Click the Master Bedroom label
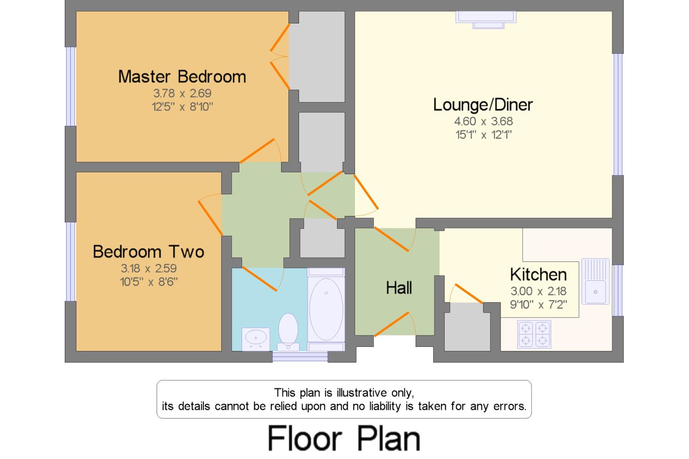coord(182,77)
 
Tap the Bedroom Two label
coord(148,252)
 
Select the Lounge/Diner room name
coord(483,105)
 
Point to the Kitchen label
coord(538,274)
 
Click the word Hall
coord(399,288)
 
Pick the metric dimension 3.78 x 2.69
coord(182,93)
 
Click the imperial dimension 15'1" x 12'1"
coord(484,135)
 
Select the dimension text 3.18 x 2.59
coord(148,268)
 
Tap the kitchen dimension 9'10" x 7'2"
coord(539,305)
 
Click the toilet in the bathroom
coord(288,332)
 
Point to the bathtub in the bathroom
coord(326,309)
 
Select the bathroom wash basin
coord(255,339)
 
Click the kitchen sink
coord(595,282)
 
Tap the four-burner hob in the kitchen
coord(534,334)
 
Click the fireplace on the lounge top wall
coord(486,20)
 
